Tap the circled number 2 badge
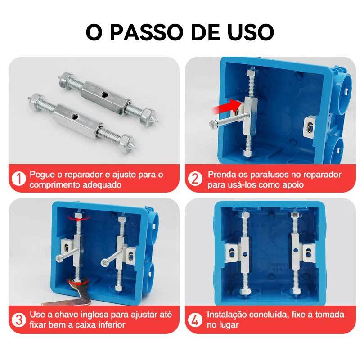(x=195, y=178)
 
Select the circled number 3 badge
(x=18, y=319)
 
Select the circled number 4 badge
(x=195, y=319)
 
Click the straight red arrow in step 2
(x=226, y=107)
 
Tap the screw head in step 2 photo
(x=212, y=125)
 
